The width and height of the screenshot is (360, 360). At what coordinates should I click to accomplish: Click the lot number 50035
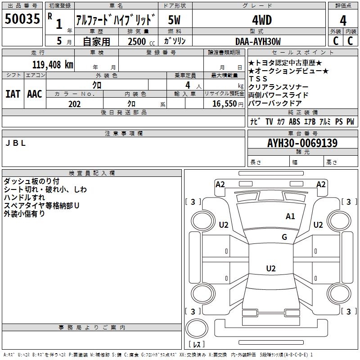[22, 19]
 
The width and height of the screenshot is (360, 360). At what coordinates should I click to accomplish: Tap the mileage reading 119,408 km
[53, 64]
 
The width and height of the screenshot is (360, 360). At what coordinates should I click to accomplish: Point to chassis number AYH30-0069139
[302, 143]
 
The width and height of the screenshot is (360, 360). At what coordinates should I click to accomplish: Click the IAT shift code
[13, 94]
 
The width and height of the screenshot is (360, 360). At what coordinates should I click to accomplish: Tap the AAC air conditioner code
[34, 94]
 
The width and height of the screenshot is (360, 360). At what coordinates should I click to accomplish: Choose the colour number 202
[74, 104]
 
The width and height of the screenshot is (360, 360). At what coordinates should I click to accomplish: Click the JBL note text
[16, 143]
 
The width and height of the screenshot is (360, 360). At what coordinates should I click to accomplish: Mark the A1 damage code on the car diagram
[290, 216]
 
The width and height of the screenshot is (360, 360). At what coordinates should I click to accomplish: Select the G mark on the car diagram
[284, 237]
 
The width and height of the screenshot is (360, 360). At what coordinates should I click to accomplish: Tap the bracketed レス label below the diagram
[196, 345]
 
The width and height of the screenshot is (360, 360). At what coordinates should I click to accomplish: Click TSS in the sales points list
[258, 79]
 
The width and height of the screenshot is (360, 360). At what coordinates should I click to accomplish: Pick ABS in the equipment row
[294, 121]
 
